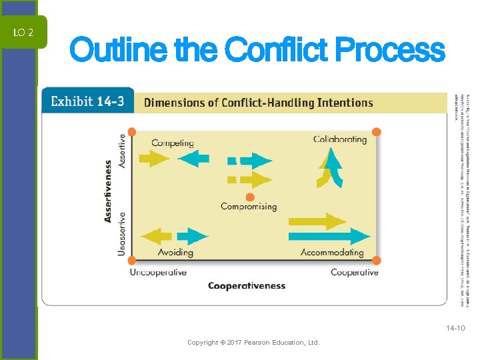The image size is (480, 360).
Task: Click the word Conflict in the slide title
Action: (x=277, y=51)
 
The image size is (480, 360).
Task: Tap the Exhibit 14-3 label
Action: (x=87, y=102)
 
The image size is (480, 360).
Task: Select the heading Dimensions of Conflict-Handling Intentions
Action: (x=259, y=103)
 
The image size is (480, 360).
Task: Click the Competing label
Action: (x=173, y=143)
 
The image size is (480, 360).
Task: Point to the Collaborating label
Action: (x=340, y=139)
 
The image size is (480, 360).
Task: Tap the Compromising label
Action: (x=249, y=207)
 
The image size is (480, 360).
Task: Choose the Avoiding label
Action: (x=175, y=253)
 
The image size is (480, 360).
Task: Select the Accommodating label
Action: (x=332, y=253)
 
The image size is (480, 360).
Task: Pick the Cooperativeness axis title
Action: (x=247, y=286)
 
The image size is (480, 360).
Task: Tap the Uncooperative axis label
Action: (x=158, y=272)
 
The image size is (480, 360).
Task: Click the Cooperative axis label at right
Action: (x=354, y=272)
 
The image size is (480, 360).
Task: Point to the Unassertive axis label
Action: (x=121, y=233)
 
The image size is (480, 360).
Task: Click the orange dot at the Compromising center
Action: (x=249, y=197)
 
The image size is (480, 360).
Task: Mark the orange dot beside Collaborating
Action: (x=376, y=132)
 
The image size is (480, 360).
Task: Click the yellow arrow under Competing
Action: (x=154, y=159)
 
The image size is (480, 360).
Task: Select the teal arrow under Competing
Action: (x=194, y=159)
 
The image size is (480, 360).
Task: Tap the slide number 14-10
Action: (x=456, y=329)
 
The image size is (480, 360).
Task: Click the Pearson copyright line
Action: (x=253, y=343)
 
